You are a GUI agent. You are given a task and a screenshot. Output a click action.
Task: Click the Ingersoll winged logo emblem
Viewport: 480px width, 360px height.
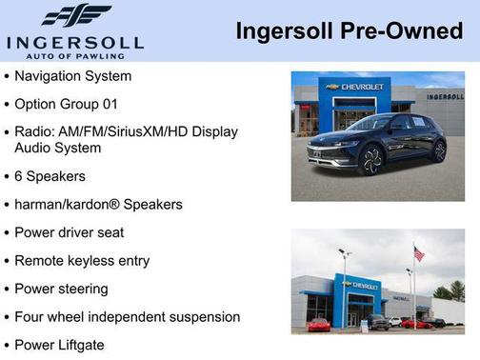click(75, 16)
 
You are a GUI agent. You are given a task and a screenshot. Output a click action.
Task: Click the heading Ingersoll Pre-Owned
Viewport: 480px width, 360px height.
click(350, 31)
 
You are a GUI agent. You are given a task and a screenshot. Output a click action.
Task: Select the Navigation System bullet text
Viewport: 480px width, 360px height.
click(73, 76)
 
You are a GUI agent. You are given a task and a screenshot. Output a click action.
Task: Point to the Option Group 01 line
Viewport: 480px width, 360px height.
click(67, 103)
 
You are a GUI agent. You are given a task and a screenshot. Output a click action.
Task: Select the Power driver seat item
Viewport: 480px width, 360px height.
click(69, 232)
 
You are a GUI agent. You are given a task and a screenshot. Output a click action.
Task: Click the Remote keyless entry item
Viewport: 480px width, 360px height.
click(82, 260)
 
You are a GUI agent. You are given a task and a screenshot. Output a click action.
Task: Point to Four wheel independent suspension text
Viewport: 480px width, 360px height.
click(127, 316)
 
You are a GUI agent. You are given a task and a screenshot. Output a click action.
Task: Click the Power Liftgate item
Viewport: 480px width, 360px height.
click(59, 345)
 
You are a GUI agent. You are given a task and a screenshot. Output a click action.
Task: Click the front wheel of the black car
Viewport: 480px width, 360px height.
click(371, 160)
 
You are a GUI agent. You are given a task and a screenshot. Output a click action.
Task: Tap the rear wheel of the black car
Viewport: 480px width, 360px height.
click(439, 150)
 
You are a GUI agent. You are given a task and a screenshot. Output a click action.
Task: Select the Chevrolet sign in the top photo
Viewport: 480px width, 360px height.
click(356, 87)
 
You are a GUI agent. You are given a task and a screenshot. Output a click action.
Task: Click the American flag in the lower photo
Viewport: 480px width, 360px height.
click(419, 254)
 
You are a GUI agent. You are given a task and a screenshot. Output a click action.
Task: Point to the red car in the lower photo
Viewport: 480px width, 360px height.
click(319, 325)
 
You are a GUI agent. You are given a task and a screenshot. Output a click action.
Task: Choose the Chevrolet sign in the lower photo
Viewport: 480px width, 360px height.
click(362, 285)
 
